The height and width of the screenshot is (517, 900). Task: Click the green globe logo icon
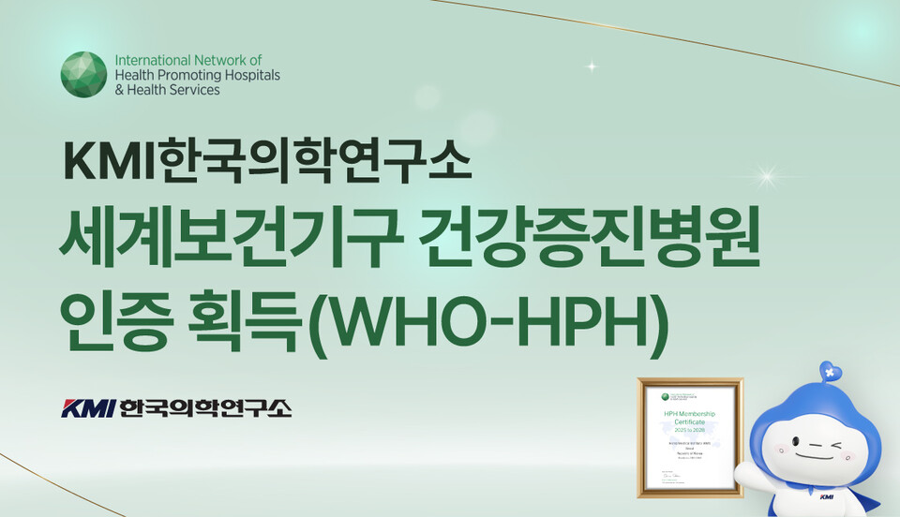click(83, 75)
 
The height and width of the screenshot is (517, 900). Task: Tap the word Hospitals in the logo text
click(251, 76)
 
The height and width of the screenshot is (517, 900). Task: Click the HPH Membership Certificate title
click(689, 417)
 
